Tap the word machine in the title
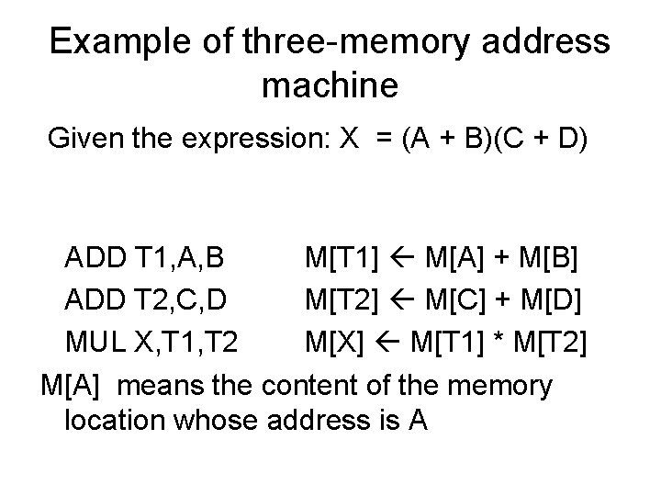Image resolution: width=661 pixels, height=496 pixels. point(330,86)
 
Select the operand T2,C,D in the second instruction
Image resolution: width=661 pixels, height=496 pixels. point(185,302)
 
